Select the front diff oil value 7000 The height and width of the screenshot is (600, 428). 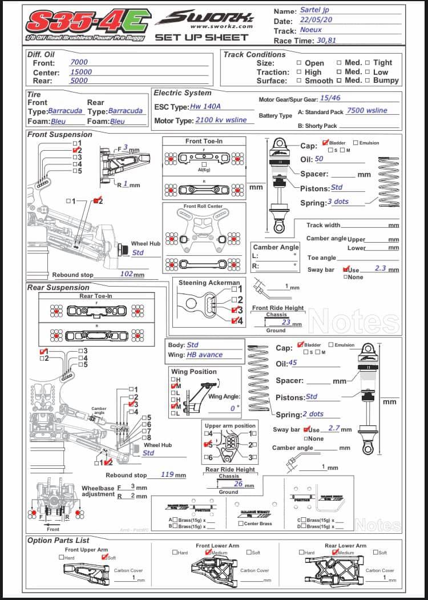(79, 62)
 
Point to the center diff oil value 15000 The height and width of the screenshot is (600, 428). (80, 72)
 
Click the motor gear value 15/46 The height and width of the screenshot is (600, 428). (330, 98)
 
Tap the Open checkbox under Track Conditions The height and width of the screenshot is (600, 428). (299, 63)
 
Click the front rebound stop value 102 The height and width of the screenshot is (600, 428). (126, 273)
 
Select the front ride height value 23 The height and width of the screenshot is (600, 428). (286, 322)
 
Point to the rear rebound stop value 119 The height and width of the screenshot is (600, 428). (167, 474)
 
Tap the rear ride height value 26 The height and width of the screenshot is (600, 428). (238, 484)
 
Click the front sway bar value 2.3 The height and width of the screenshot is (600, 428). (380, 268)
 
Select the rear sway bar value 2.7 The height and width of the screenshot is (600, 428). (334, 428)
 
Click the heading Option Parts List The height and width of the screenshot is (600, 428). (58, 540)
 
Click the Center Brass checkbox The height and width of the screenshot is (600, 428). (241, 523)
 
